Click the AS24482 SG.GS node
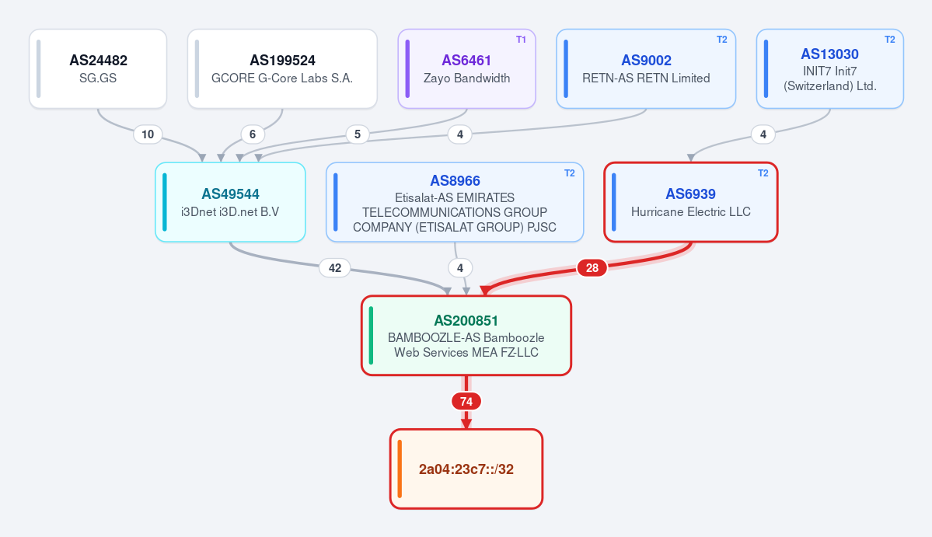pos(98,69)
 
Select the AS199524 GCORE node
pos(282,69)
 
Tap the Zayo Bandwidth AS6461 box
pos(466,69)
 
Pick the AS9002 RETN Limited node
pos(646,69)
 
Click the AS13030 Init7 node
pos(829,69)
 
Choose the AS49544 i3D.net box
pos(231,202)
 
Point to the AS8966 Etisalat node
pos(455,202)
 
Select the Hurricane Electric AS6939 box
pos(691,202)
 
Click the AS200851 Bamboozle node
pos(466,336)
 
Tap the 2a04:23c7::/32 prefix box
pos(466,469)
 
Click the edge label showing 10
pos(148,134)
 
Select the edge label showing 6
pos(253,134)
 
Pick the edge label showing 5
pos(358,134)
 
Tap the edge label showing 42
pos(335,268)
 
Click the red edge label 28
pos(592,268)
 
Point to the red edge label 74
pos(466,402)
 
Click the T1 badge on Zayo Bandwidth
pos(522,40)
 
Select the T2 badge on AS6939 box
pos(763,173)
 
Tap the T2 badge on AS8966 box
pos(570,173)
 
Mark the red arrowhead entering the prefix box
pos(466,424)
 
